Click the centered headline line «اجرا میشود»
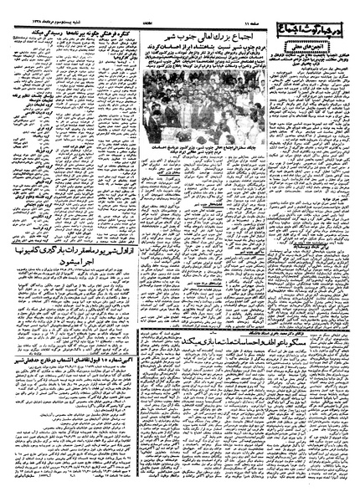point(68,262)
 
